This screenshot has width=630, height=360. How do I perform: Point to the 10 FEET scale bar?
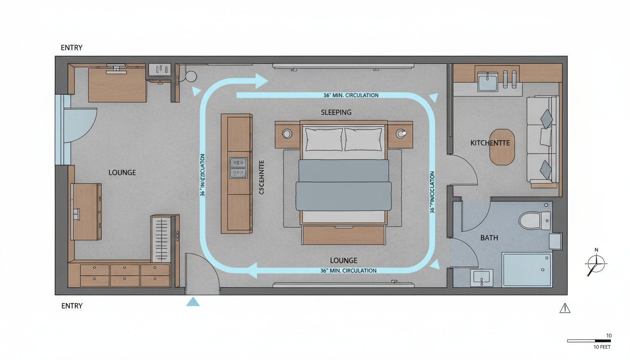pos(589,341)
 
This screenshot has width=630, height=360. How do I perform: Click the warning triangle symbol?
pos(565,308)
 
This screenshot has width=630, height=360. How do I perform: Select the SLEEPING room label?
pos(336,112)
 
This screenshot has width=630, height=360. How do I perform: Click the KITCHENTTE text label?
pos(490,142)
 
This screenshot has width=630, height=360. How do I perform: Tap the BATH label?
pos(489,238)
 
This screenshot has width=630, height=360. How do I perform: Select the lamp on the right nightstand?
pos(401,134)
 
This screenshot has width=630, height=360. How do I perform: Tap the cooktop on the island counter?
pos(238,168)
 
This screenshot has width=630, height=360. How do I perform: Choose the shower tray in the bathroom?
pos(527,270)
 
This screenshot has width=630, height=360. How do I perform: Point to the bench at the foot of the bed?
pos(343,235)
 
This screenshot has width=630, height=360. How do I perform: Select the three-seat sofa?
pos(543,139)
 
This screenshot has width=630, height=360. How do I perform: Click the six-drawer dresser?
pos(125,275)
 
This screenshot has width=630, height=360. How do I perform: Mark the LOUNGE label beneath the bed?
pos(344,260)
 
